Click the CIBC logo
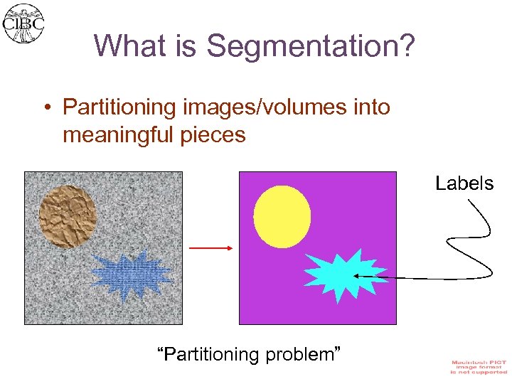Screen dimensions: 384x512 click(x=24, y=23)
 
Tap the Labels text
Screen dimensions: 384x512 click(x=464, y=183)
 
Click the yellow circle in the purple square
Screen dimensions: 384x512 click(x=282, y=216)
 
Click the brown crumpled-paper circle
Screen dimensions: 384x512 click(x=68, y=216)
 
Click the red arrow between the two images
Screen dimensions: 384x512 click(x=211, y=247)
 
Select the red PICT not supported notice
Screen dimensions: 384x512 click(x=479, y=367)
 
